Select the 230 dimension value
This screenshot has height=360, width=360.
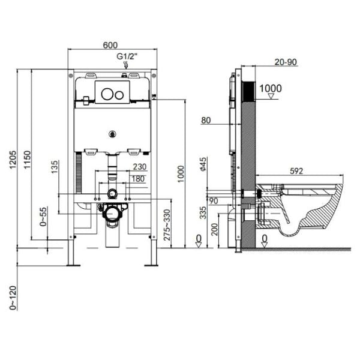pos(139,167)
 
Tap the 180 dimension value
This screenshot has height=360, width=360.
pos(139,178)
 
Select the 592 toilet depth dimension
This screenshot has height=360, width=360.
pos(296,170)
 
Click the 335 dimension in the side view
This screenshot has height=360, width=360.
pos(204,212)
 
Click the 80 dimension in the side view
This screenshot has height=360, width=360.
pos(206,121)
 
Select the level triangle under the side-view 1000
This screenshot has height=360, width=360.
pos(274,95)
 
